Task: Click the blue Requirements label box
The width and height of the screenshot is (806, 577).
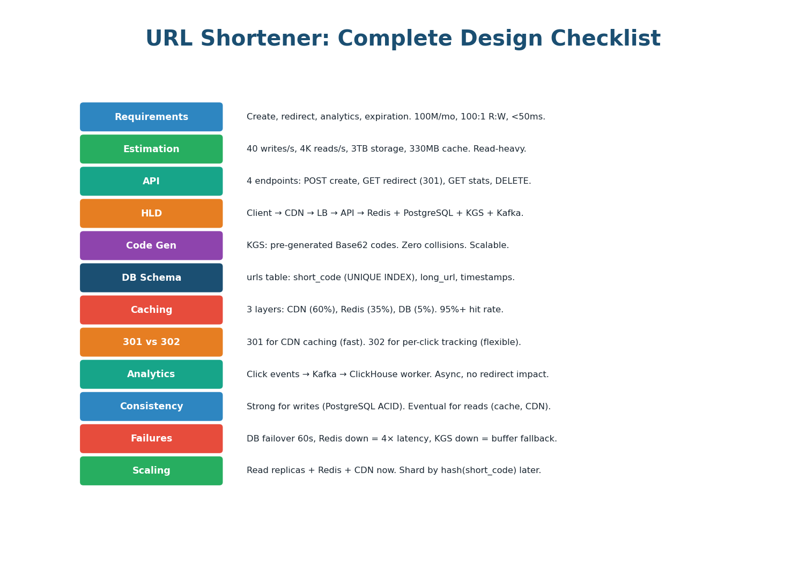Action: coord(151,117)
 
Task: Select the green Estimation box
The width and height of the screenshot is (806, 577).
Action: coord(151,149)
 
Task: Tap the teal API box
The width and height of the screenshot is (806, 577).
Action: coord(151,181)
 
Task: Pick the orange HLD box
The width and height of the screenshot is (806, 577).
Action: coord(151,213)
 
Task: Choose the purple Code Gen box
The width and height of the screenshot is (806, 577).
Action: coord(151,245)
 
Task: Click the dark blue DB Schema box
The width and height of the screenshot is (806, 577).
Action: coord(151,278)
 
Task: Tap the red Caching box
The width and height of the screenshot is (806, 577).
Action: coord(151,310)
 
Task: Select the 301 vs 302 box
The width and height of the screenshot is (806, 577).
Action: coord(151,342)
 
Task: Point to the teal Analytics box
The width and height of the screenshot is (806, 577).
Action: coord(151,374)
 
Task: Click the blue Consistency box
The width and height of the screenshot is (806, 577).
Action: coord(151,406)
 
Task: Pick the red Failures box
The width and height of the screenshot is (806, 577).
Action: coord(151,438)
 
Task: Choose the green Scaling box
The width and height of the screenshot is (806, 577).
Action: coord(151,470)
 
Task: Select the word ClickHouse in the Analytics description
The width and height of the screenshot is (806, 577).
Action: coord(374,374)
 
